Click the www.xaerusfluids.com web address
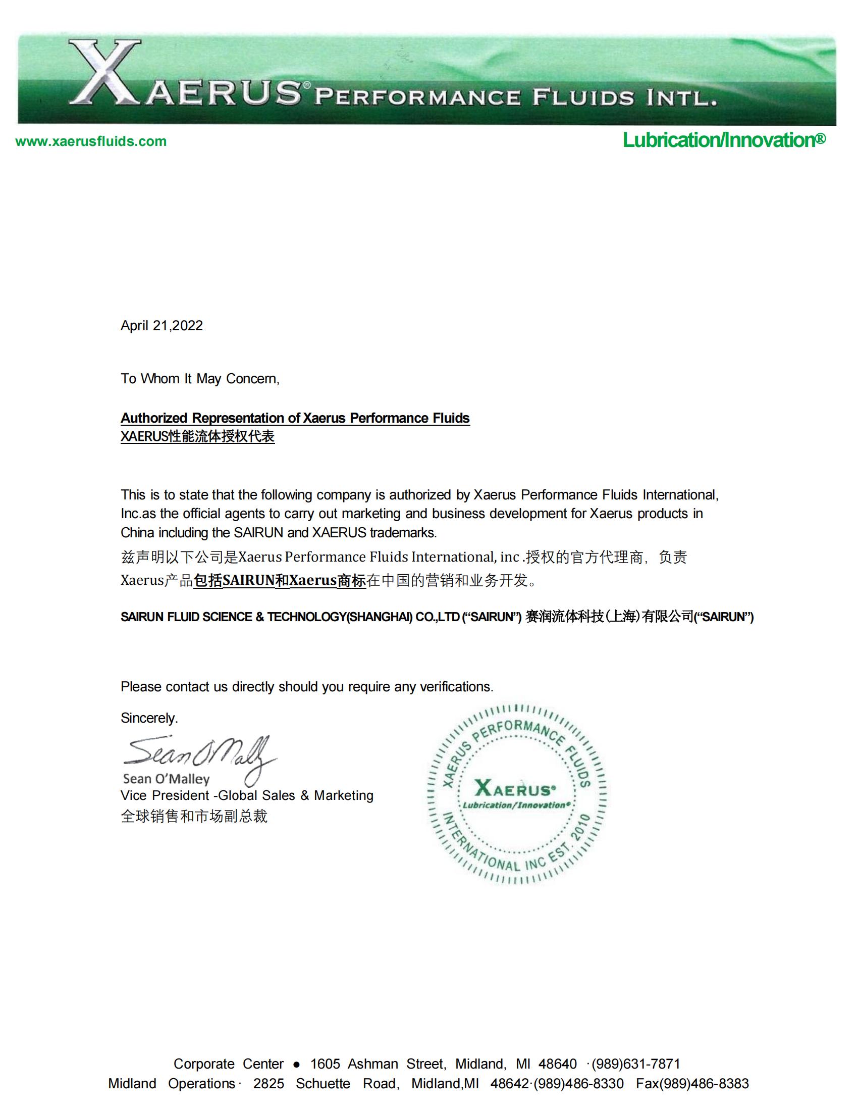[x=91, y=141]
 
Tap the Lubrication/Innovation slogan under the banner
[x=724, y=140]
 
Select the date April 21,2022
[x=162, y=326]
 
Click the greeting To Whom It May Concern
[x=200, y=378]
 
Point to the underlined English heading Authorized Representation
[x=295, y=418]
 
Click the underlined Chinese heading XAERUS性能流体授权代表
[x=197, y=436]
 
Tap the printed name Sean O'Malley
[x=166, y=779]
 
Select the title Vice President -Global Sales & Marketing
[x=247, y=795]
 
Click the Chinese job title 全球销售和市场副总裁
[x=194, y=817]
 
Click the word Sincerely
[x=149, y=718]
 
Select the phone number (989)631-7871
[x=635, y=1064]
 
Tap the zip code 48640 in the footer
[x=558, y=1064]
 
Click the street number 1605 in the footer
[x=326, y=1064]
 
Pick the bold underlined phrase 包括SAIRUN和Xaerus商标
[x=280, y=580]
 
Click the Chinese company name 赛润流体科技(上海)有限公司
[x=609, y=617]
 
